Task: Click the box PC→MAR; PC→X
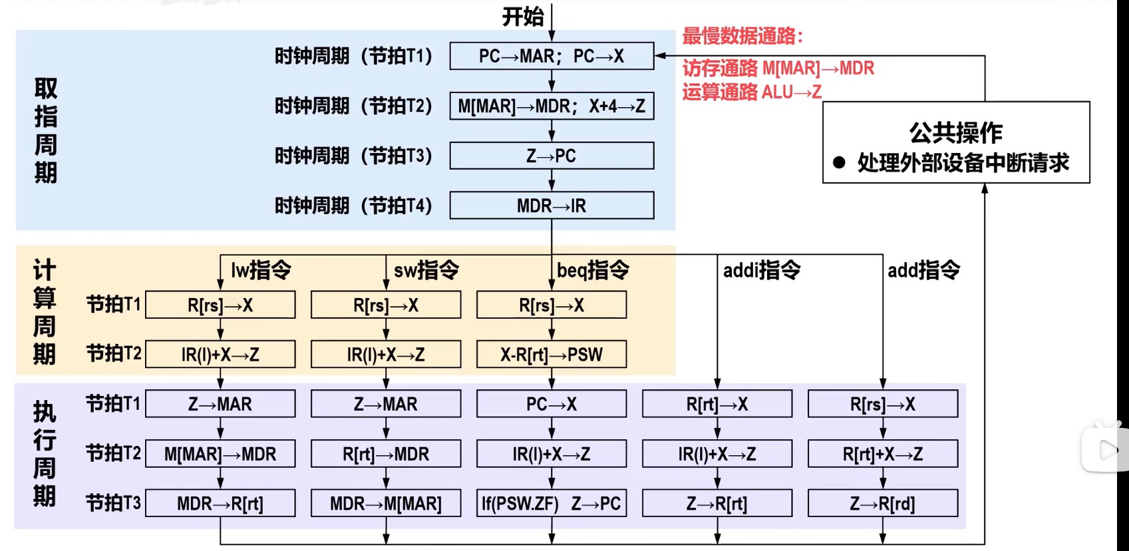pos(552,57)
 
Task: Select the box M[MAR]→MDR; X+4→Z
pos(552,106)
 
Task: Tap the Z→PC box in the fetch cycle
pos(552,156)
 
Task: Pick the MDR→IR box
pos(552,206)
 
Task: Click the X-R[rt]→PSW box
pos(552,355)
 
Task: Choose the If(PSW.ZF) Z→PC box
pos(552,504)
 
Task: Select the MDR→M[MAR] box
pos(386,504)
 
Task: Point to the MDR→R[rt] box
pos(220,504)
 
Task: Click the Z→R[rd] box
pos(883,504)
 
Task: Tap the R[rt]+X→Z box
pos(883,455)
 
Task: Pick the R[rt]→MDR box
pos(386,455)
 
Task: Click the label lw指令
pos(261,270)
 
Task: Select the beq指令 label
pos(593,270)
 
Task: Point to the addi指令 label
pos(762,270)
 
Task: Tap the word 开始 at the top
pos(523,17)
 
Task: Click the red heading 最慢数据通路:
pos(742,36)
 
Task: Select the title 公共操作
pos(956,132)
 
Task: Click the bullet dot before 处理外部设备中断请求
pos(839,162)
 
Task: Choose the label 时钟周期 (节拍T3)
pos(353,156)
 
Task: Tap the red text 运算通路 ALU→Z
pos(752,92)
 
